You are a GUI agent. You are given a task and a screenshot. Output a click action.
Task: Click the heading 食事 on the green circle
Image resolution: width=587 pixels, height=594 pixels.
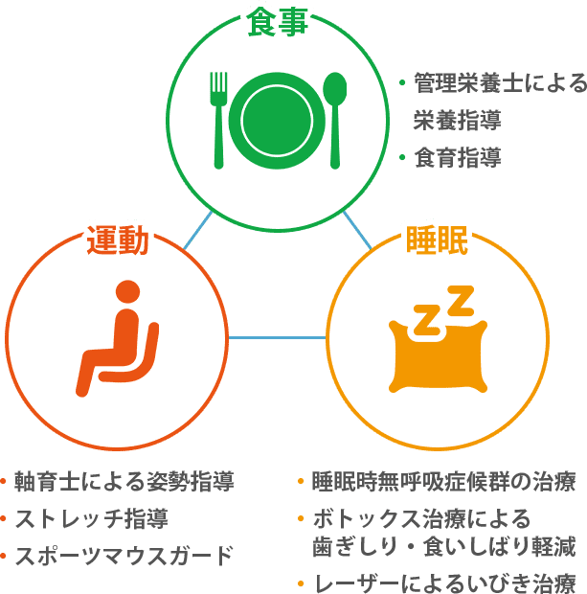(277, 21)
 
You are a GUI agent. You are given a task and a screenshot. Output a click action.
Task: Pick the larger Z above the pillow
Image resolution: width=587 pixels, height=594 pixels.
(460, 301)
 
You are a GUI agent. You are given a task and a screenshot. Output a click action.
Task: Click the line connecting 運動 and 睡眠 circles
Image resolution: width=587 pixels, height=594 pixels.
(277, 337)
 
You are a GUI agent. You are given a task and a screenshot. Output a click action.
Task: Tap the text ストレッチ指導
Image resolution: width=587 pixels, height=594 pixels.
(92, 519)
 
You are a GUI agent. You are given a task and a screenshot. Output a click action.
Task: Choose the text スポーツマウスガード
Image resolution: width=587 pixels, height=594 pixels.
(124, 555)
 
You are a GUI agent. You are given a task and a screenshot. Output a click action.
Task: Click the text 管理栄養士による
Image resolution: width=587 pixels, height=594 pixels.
(499, 84)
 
